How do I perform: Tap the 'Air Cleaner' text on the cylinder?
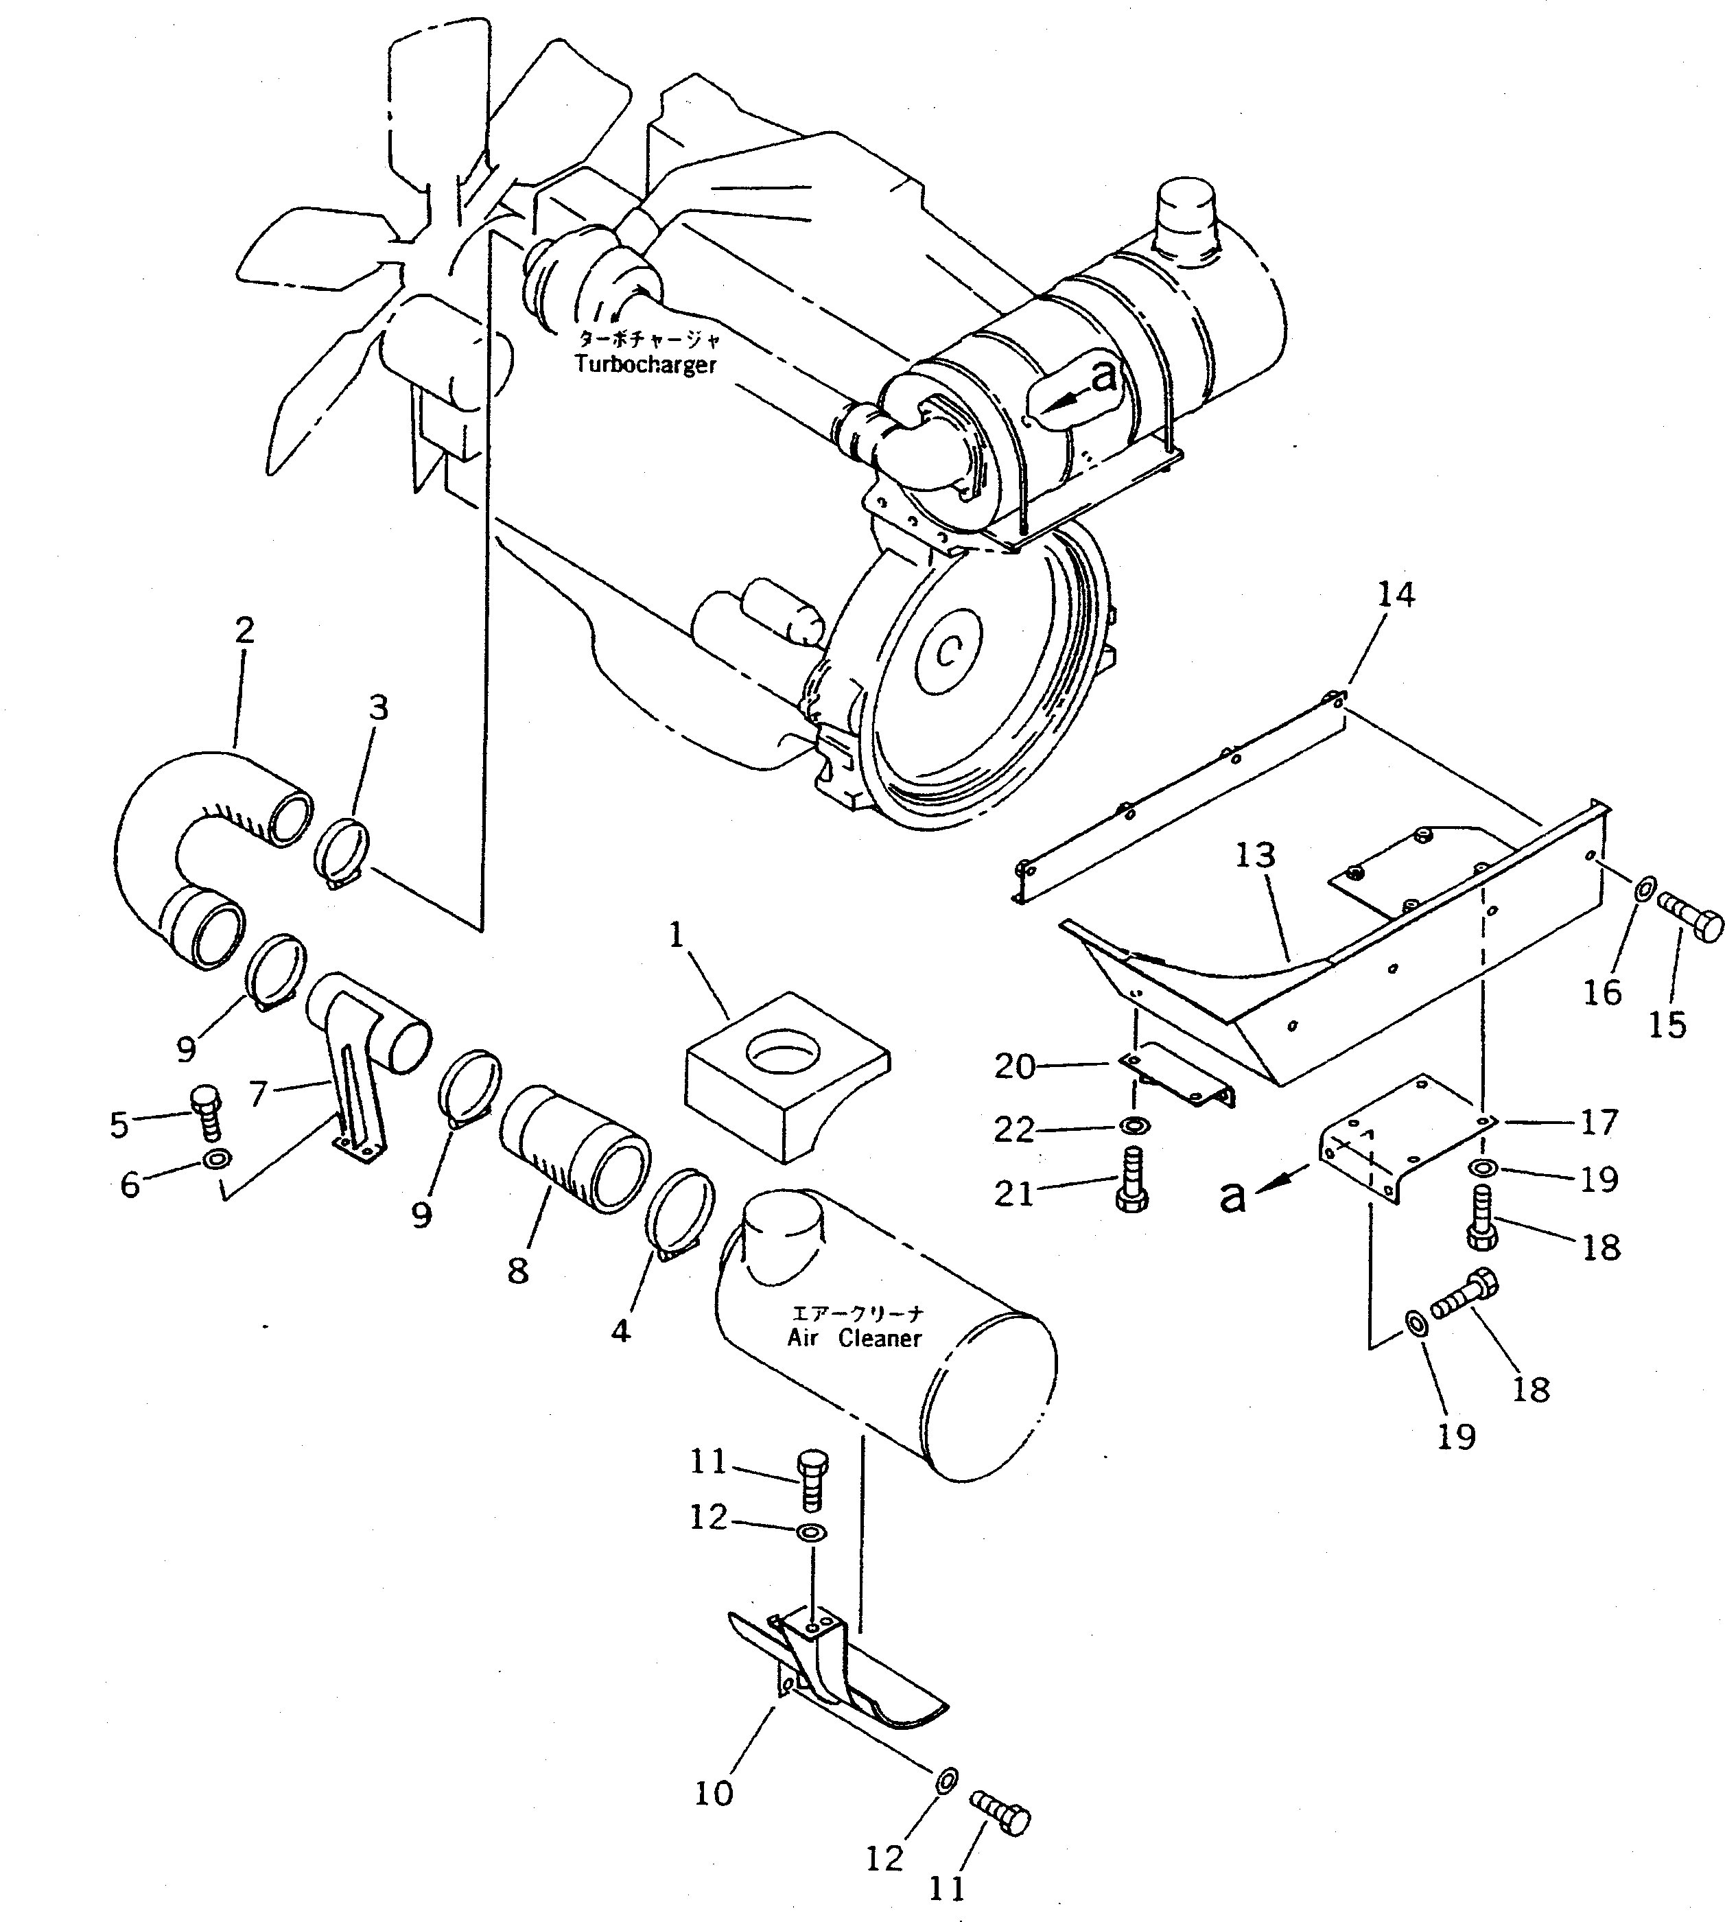[x=853, y=1337]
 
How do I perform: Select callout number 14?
[x=1395, y=594]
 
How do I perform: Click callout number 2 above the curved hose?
[x=244, y=630]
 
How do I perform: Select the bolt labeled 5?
[x=206, y=1112]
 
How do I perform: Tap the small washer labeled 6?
[x=217, y=1158]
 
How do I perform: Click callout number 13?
[x=1255, y=855]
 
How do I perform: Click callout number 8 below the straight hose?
[x=517, y=1270]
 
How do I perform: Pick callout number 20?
[x=1013, y=1066]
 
